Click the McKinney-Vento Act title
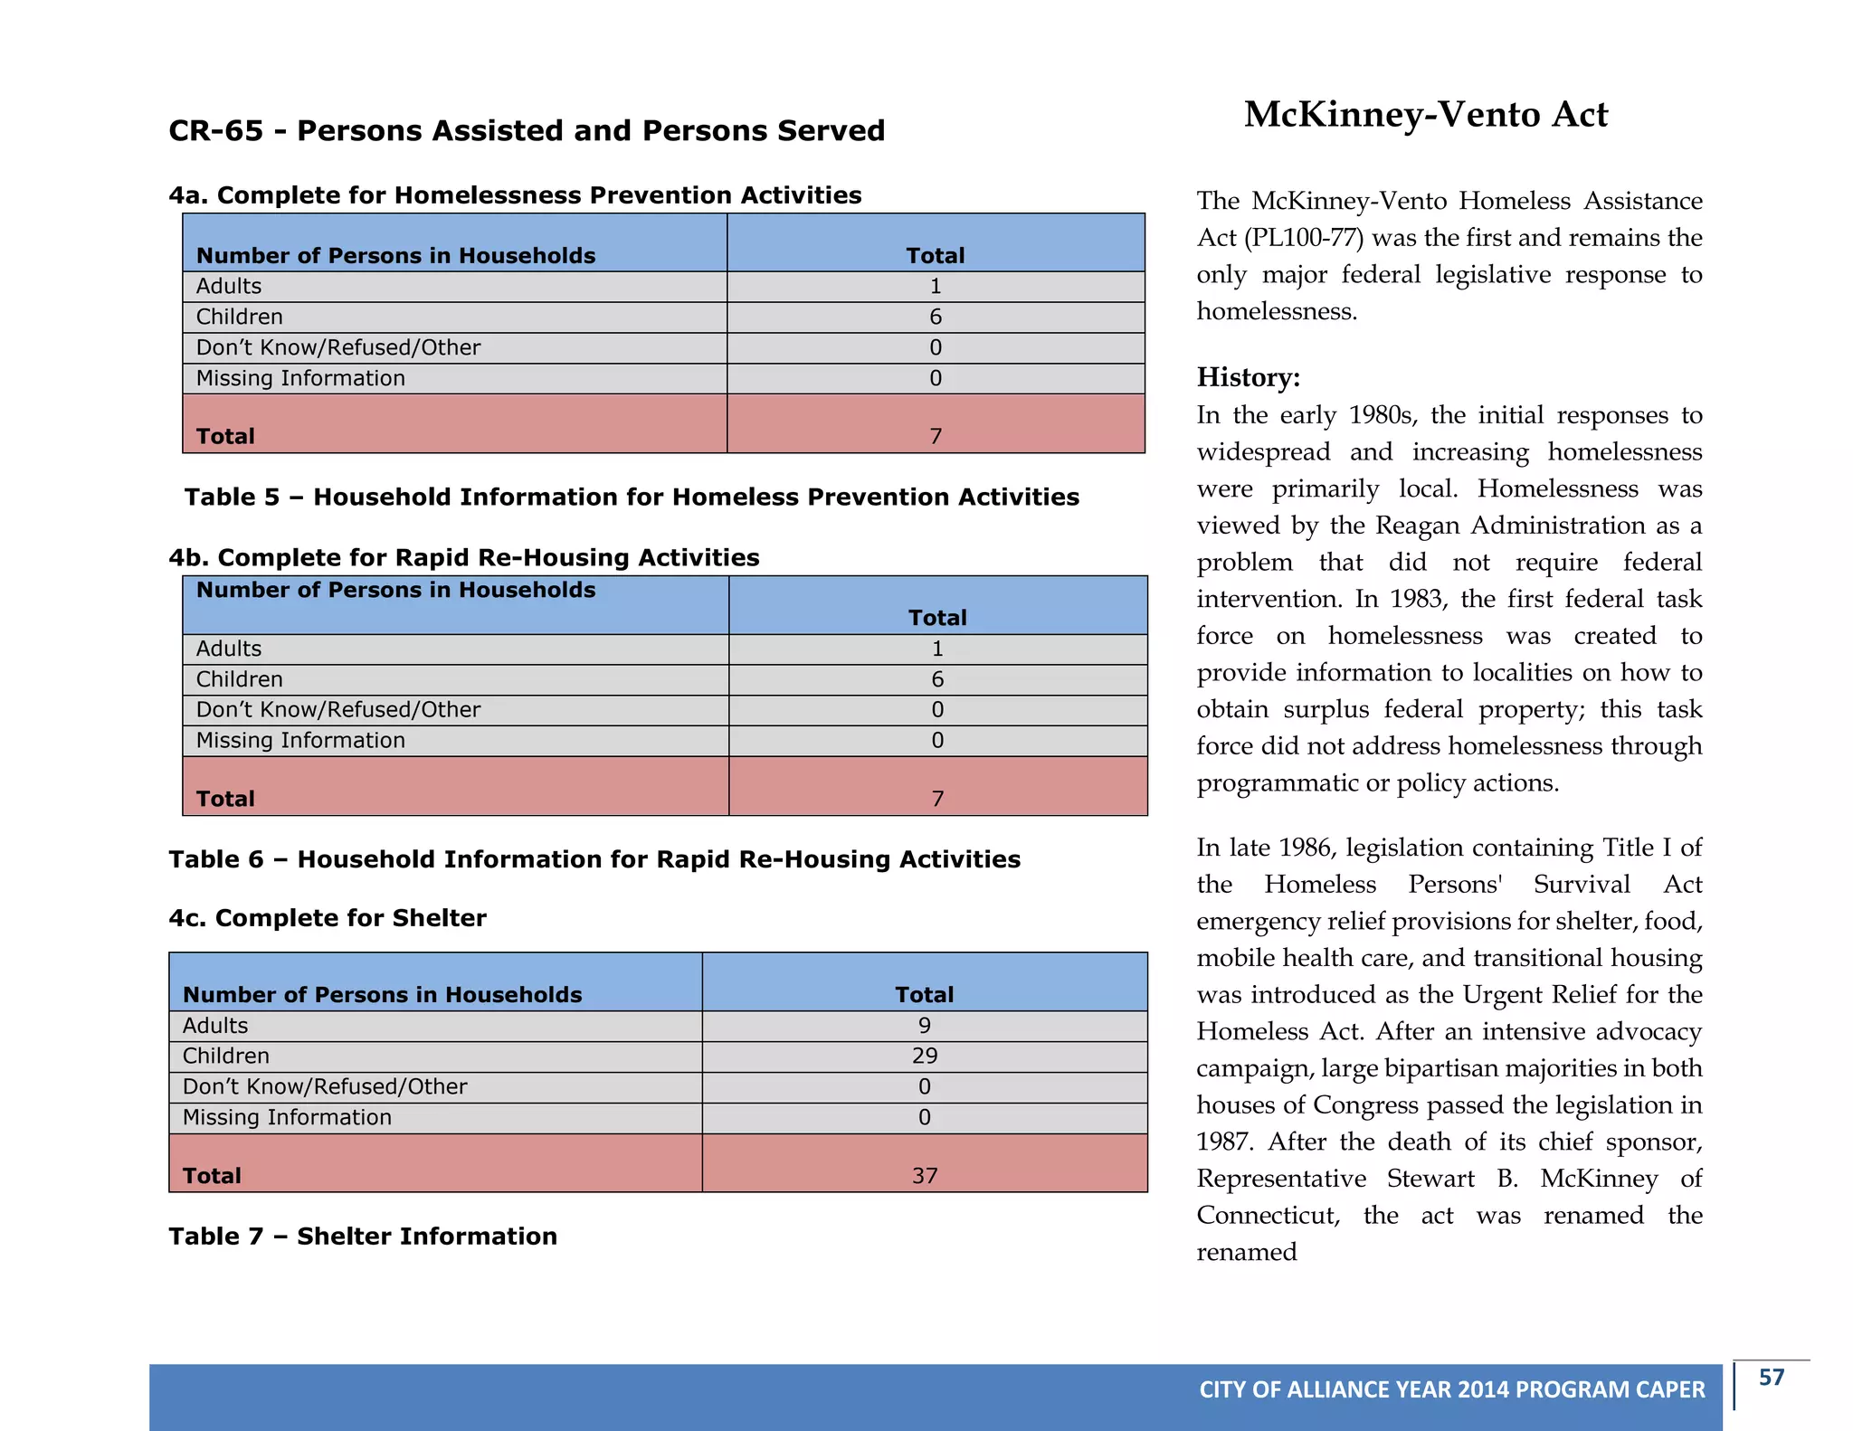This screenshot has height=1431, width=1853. tap(1425, 115)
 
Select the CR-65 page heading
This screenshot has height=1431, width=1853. tap(527, 131)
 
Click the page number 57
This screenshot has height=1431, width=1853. tap(1771, 1378)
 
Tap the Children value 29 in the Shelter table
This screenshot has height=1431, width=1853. tap(924, 1057)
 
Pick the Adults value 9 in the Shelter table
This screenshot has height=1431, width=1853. tap(924, 1026)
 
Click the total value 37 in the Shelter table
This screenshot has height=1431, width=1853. tap(924, 1176)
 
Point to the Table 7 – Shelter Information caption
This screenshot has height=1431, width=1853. tap(363, 1237)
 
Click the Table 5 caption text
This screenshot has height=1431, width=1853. tap(632, 498)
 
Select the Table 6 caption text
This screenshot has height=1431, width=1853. tap(594, 859)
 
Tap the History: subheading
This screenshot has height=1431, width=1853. tap(1248, 377)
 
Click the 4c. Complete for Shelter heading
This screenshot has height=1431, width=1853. tap(328, 918)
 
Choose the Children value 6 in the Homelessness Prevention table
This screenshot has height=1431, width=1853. tap(936, 317)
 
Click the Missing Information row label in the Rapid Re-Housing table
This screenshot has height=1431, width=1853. tap(300, 741)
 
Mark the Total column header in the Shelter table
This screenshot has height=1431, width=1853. tap(924, 995)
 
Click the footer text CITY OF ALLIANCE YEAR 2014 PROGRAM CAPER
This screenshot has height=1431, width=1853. tap(1451, 1390)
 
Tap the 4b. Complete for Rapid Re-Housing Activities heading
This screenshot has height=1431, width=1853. tap(464, 558)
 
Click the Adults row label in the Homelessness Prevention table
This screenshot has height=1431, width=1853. tap(229, 287)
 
